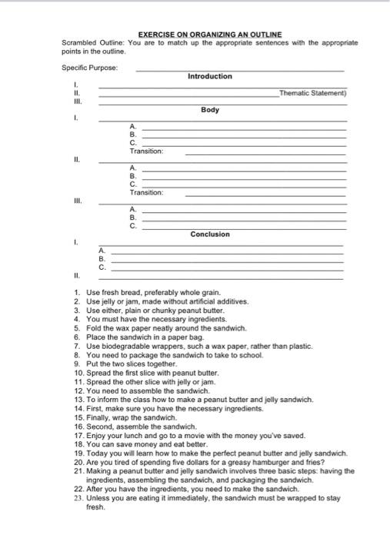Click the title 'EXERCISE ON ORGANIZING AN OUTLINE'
pos(209,35)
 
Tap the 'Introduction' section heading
pos(209,76)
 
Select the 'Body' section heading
pos(209,110)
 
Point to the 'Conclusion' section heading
pos(209,234)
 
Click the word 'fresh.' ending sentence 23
pos(95,507)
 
